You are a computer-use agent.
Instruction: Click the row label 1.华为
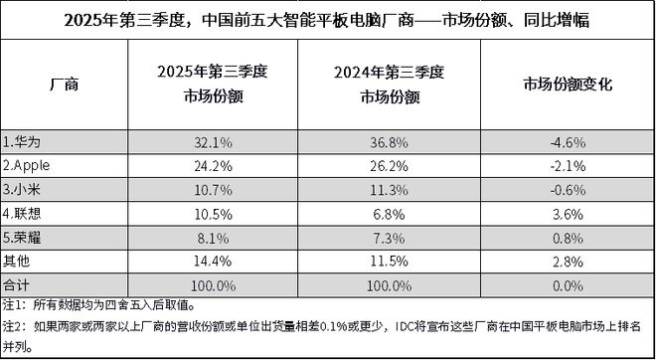tap(23, 140)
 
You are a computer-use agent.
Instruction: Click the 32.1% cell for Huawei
tap(216, 140)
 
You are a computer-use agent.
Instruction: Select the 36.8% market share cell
tap(392, 140)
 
